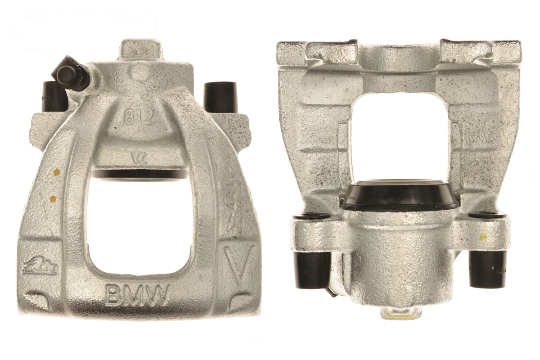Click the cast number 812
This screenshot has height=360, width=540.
click(139, 117)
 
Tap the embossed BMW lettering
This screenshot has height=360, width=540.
click(137, 295)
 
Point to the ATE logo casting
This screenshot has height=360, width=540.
click(39, 266)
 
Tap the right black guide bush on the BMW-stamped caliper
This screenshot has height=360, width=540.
click(220, 97)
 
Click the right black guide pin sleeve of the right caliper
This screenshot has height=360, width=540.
click(488, 269)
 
